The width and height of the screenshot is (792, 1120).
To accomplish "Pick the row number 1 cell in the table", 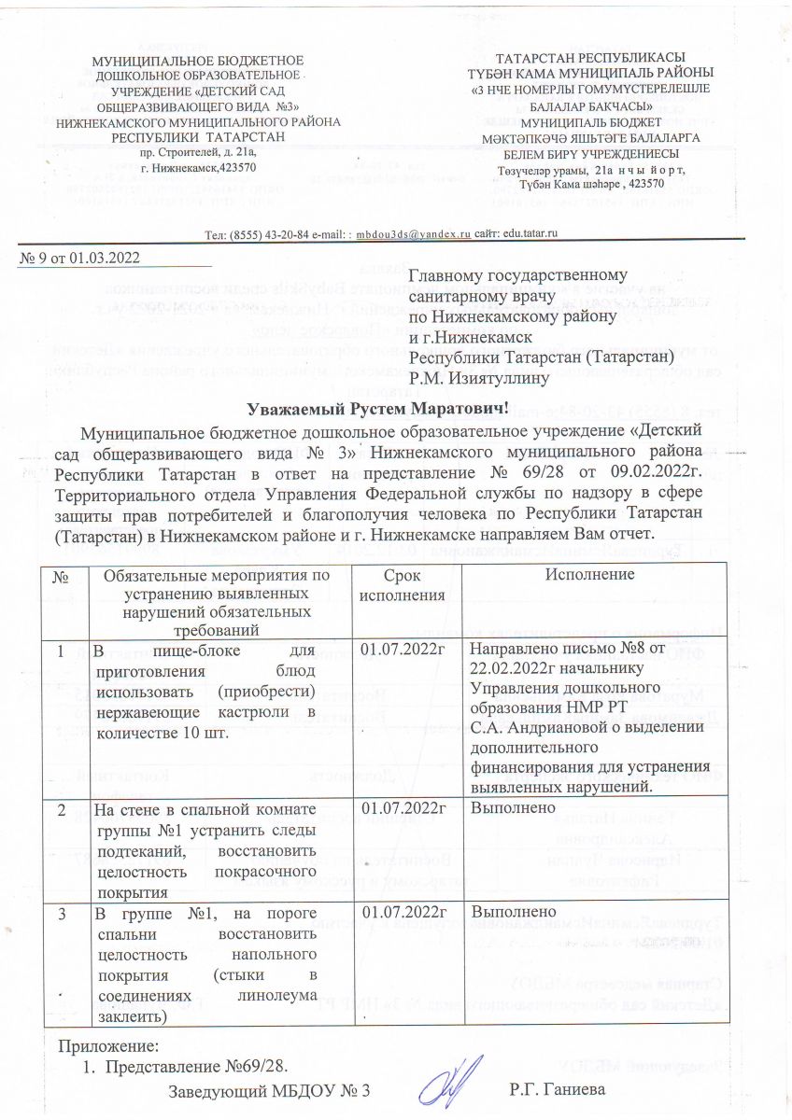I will click(x=63, y=650).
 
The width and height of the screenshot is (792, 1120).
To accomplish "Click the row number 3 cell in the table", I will click(x=63, y=911).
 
